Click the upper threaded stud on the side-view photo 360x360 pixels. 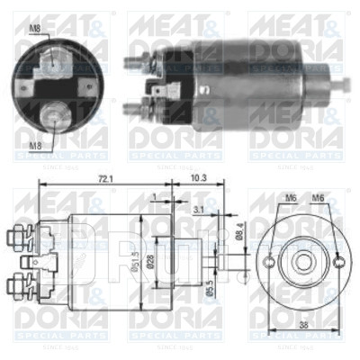click(134, 65)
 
